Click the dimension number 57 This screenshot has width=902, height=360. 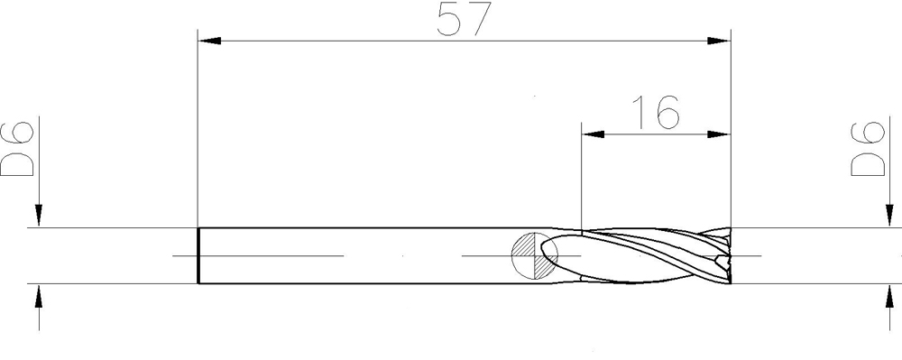(x=464, y=18)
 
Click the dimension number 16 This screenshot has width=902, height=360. (x=656, y=112)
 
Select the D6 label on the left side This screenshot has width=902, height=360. (x=17, y=148)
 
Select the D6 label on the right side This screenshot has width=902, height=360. (x=868, y=148)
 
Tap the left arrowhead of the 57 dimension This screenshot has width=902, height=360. (x=209, y=41)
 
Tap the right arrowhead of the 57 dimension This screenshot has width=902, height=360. (x=719, y=41)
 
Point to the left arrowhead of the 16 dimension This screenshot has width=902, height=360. (x=594, y=134)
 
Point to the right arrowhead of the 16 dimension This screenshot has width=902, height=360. (x=719, y=134)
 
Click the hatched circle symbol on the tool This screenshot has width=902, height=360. (x=534, y=256)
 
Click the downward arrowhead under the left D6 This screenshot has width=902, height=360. (x=39, y=216)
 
